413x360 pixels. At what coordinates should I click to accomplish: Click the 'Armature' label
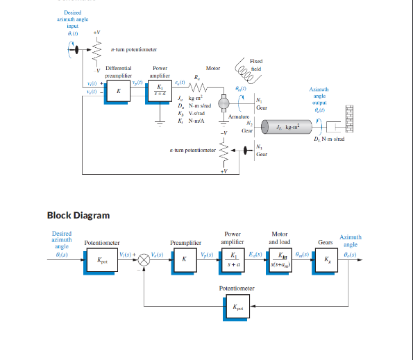pyautogui.click(x=238, y=117)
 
